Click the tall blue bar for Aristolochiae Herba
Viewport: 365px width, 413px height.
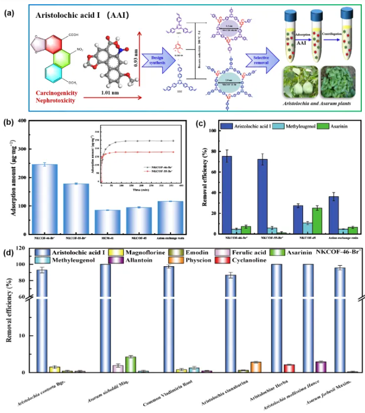[x=277, y=317]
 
